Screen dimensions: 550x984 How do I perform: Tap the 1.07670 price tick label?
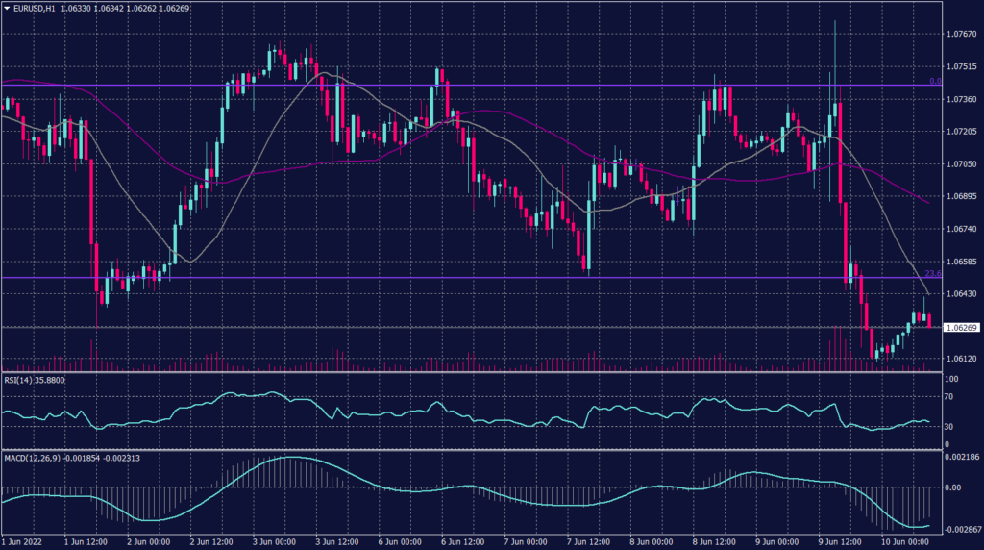click(961, 34)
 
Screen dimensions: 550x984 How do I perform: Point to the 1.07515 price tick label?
click(961, 66)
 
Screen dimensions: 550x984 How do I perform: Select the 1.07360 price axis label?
click(961, 99)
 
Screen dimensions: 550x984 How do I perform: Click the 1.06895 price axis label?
click(961, 196)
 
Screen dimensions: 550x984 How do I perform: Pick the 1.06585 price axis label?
click(961, 262)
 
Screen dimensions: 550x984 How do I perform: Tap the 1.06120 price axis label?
click(961, 359)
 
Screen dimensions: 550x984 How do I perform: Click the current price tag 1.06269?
click(961, 328)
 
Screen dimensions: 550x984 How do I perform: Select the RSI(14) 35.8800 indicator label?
click(35, 380)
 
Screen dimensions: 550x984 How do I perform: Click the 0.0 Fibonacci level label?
click(933, 81)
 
